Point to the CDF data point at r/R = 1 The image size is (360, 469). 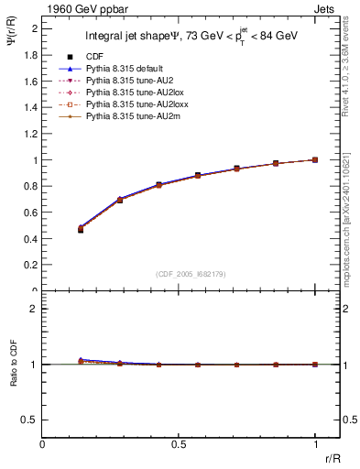click(x=315, y=159)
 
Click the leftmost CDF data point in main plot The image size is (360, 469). click(x=81, y=230)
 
